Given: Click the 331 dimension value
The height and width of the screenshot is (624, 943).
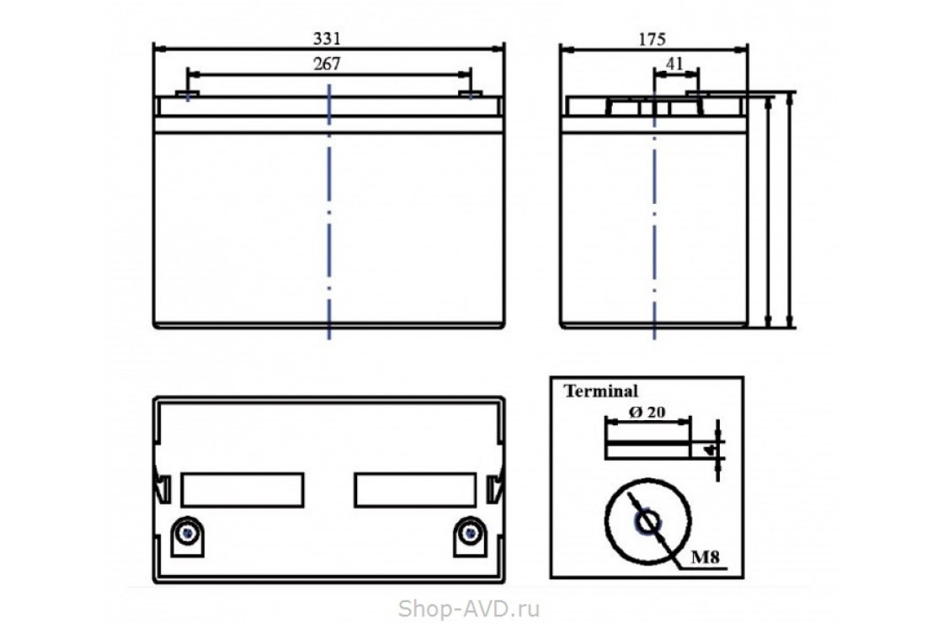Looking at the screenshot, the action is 327,39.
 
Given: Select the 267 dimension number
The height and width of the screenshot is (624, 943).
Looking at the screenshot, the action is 327,64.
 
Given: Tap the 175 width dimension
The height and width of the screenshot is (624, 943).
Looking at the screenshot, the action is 652,40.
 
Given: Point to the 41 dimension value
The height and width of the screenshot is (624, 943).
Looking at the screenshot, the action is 675,64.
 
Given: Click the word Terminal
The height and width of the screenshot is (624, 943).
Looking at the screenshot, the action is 601,391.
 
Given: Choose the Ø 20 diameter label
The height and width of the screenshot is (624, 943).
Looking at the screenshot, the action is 647,412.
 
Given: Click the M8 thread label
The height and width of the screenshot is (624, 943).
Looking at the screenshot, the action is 705,557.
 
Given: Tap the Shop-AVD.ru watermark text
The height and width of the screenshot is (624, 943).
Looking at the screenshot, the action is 469,609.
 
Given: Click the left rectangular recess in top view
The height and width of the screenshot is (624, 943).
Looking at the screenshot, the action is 242,490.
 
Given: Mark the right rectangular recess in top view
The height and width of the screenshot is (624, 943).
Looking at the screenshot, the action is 416,490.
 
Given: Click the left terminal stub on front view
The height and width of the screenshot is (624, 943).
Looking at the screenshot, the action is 188,93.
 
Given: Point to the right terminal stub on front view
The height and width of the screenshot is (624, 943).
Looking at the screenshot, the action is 471,93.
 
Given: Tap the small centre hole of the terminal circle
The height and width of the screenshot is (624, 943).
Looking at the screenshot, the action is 648,521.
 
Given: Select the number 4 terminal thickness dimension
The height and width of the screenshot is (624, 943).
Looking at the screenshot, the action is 711,450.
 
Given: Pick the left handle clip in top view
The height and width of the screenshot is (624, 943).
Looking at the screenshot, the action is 162,488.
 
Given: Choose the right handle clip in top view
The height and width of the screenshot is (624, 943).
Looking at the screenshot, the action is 495,488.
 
